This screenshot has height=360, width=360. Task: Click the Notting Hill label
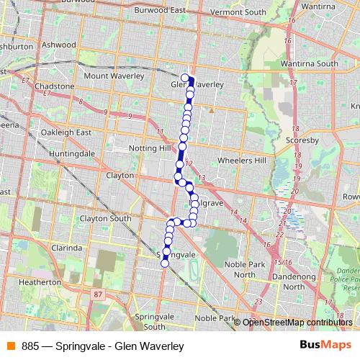coord(150,148)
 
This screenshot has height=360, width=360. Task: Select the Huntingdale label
coord(72,154)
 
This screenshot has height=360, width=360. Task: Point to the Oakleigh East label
coord(66,132)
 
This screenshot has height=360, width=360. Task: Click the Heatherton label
coord(40,283)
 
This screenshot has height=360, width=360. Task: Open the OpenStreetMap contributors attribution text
coord(297,322)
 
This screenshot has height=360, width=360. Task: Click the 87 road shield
coord(98,294)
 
